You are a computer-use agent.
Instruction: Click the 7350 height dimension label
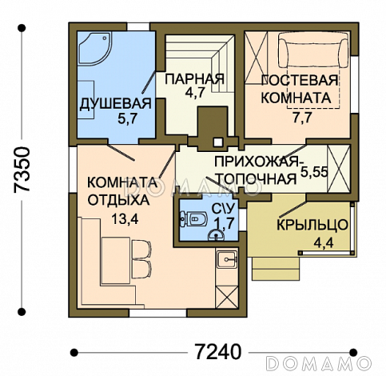(22, 169)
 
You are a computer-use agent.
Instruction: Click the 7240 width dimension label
(217, 351)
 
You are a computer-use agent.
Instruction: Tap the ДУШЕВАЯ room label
(115, 104)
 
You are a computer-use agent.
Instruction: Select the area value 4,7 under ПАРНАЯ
(194, 93)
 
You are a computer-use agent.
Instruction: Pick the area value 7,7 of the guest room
(302, 118)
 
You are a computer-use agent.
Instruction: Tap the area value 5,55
(314, 172)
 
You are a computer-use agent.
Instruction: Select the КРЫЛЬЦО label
(312, 225)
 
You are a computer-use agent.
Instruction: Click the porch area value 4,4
(324, 242)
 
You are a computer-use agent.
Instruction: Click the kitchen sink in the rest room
(227, 259)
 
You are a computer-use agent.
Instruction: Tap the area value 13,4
(125, 219)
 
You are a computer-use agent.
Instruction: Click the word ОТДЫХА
(118, 200)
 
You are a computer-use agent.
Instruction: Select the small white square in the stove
(218, 142)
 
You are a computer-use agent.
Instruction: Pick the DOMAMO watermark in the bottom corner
(319, 362)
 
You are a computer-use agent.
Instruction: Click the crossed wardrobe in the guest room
(256, 58)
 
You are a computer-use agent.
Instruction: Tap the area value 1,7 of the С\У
(225, 222)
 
